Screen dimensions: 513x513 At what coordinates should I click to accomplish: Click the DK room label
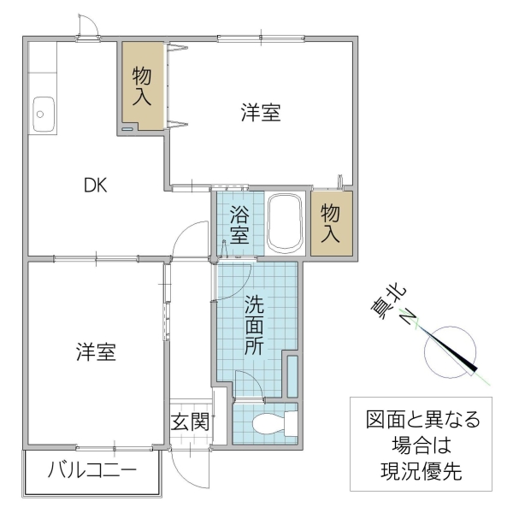[94, 186]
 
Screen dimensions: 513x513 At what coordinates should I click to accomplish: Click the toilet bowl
[271, 423]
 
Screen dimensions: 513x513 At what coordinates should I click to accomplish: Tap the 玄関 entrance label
[190, 422]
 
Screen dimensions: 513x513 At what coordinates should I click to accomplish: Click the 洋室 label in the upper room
[260, 112]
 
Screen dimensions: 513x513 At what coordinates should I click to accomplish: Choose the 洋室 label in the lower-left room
[96, 351]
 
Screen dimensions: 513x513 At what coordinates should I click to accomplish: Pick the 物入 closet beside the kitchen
[142, 86]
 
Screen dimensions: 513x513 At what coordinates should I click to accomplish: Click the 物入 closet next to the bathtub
[330, 224]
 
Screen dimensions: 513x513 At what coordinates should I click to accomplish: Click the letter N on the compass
[409, 319]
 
